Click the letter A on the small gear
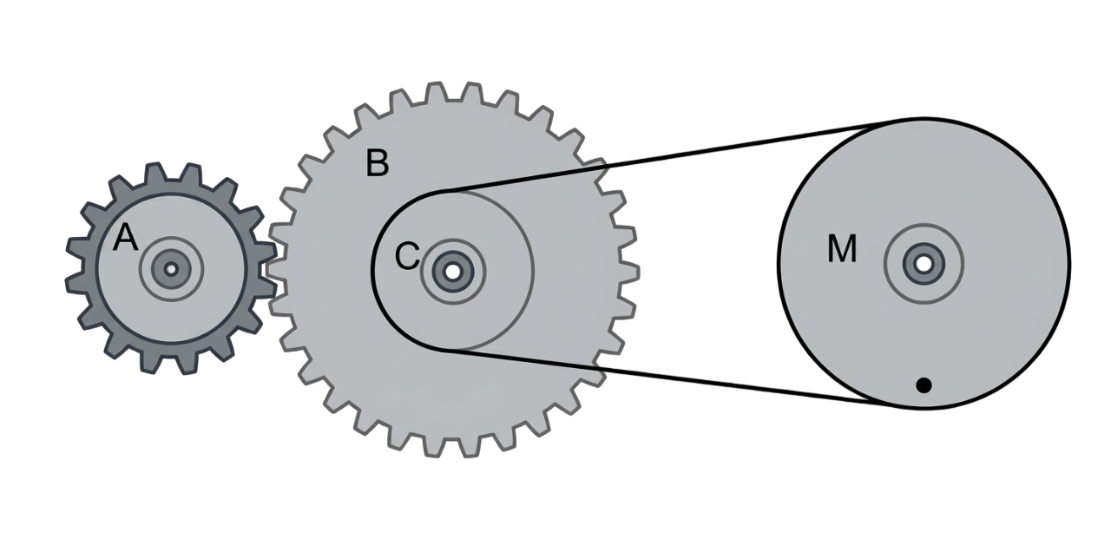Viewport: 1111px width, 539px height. tap(125, 238)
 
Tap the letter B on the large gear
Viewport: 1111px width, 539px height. tap(377, 162)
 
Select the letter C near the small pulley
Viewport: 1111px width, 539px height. tap(407, 256)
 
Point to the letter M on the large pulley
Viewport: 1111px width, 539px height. tap(842, 248)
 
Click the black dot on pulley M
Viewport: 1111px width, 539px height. tap(923, 385)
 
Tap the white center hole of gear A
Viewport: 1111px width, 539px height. tap(171, 269)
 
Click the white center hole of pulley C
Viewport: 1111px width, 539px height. tap(452, 271)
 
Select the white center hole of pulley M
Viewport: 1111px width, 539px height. tap(923, 264)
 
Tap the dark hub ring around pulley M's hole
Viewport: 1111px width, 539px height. tap(923, 264)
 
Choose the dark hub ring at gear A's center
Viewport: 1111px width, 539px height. tap(171, 269)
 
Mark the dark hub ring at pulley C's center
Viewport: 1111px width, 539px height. tap(452, 271)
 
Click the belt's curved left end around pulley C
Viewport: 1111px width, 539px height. tap(373, 271)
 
